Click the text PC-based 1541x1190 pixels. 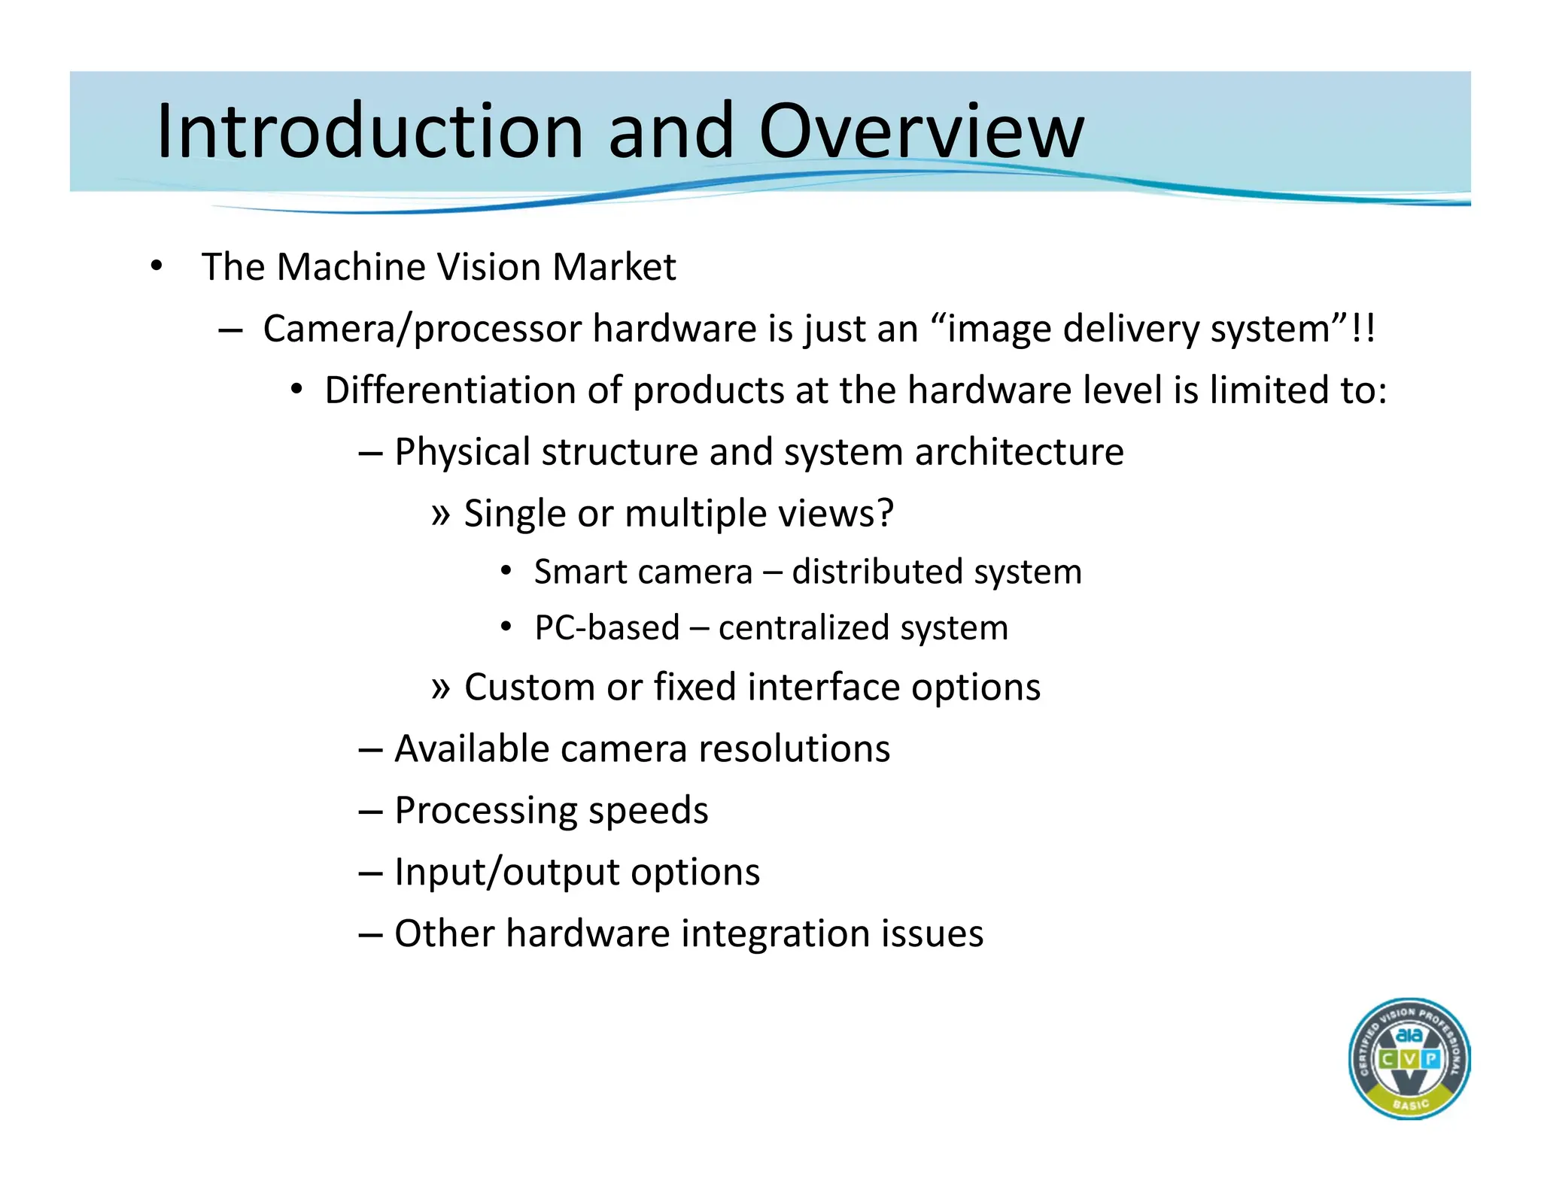pyautogui.click(x=606, y=628)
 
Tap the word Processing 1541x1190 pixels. pyautogui.click(x=486, y=811)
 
